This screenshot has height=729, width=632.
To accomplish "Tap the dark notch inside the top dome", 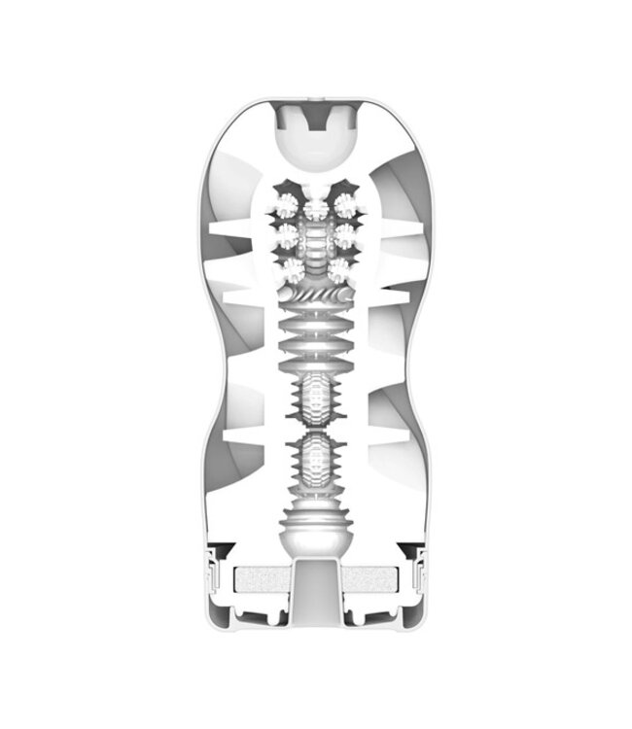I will [316, 124].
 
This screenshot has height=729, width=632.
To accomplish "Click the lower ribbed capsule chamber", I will [316, 464].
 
